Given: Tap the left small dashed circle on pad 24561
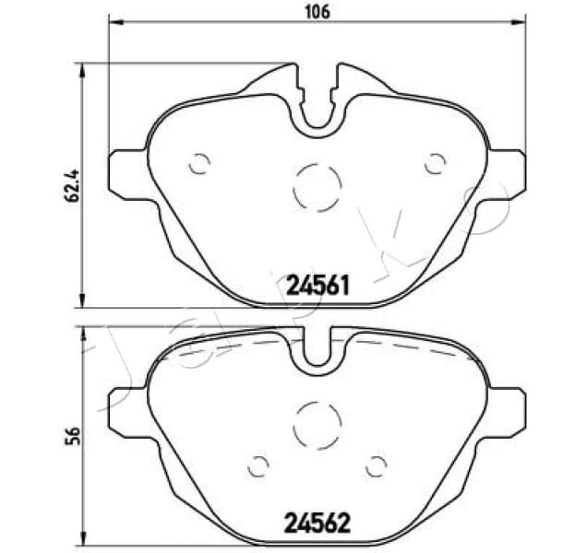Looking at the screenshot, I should pyautogui.click(x=198, y=163).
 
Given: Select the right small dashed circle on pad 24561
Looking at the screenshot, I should pyautogui.click(x=434, y=163).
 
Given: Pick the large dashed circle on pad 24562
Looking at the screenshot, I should pyautogui.click(x=317, y=425).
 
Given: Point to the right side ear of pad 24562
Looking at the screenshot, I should pyautogui.click(x=508, y=408).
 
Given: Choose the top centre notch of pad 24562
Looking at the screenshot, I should pyautogui.click(x=317, y=350).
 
